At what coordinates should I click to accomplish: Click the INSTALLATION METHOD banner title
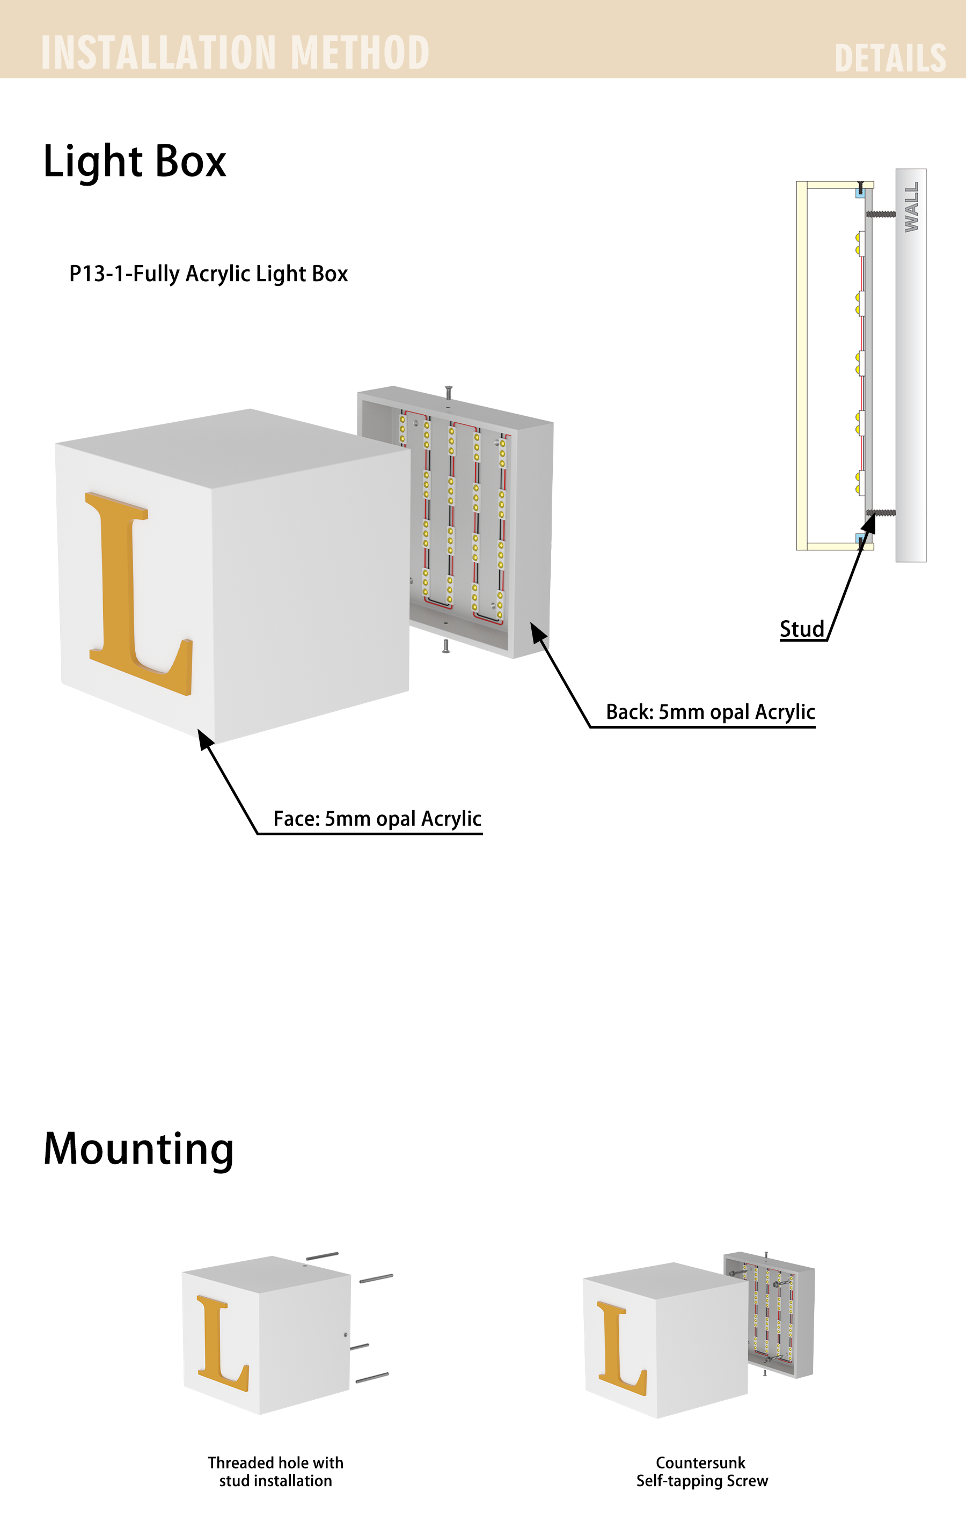(x=235, y=52)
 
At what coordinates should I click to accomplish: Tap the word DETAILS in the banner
(x=890, y=58)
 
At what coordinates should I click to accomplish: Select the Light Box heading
(x=135, y=161)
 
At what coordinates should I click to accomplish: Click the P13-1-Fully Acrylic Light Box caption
(x=208, y=274)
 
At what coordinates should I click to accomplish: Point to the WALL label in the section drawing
(x=911, y=207)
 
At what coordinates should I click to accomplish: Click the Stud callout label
(x=801, y=629)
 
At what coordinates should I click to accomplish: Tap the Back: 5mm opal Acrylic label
(x=710, y=712)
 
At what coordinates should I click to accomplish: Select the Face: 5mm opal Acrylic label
(x=377, y=819)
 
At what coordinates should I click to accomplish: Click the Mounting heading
(x=138, y=1149)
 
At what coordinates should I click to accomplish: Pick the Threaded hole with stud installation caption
(x=276, y=1471)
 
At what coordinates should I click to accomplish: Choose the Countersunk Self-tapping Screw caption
(x=702, y=1471)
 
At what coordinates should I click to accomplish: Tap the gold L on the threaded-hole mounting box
(x=223, y=1343)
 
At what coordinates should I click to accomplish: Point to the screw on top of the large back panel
(x=449, y=393)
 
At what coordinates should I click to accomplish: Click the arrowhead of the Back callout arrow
(x=538, y=633)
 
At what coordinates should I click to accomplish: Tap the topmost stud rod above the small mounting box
(x=322, y=1256)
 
